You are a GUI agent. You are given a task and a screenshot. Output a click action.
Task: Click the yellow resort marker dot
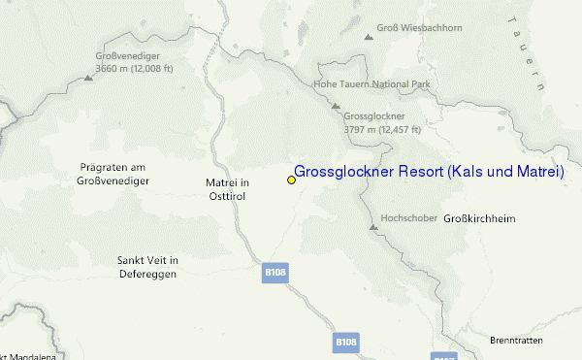(291, 180)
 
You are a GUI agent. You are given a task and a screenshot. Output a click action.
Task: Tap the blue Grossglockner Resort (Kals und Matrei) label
(429, 172)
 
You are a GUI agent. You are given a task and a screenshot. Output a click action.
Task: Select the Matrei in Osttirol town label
(228, 188)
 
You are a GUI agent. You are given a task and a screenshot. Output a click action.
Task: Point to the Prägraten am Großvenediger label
(113, 174)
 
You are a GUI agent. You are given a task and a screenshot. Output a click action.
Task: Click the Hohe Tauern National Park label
(371, 84)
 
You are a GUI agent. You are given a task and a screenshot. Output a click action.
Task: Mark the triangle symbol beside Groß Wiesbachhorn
(369, 38)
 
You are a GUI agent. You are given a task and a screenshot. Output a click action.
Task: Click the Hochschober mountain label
(407, 216)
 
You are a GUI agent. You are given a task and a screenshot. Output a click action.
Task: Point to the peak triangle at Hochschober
(372, 227)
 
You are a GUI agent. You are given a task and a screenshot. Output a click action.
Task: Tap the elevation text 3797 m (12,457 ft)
(382, 129)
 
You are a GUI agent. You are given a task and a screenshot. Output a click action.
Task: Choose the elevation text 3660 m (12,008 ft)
(135, 69)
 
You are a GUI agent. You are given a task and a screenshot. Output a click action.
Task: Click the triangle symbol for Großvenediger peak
(88, 77)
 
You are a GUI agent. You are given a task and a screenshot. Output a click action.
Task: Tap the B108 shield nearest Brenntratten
(346, 342)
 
